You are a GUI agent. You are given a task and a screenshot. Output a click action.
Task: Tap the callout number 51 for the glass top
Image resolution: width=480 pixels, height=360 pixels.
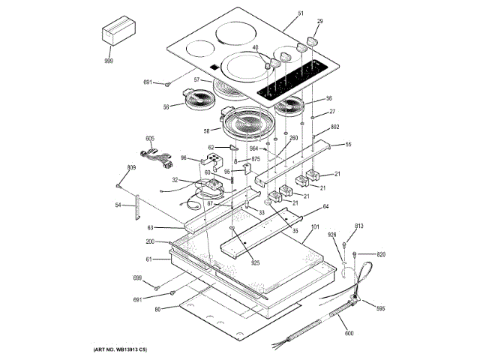[x=301, y=13]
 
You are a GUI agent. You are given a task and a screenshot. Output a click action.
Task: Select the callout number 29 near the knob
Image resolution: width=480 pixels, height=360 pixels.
[x=319, y=22]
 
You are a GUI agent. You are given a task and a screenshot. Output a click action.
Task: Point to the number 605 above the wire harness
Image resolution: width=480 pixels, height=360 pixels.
[x=150, y=138]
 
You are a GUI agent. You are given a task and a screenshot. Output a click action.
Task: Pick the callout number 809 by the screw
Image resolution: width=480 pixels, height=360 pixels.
[x=131, y=167]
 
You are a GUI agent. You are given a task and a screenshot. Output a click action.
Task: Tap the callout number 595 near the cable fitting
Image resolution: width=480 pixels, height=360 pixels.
[x=380, y=308]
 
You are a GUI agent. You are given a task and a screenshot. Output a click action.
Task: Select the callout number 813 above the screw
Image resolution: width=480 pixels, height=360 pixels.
[x=359, y=226]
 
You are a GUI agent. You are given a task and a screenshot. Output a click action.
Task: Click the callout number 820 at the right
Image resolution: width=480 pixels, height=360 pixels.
[x=380, y=254]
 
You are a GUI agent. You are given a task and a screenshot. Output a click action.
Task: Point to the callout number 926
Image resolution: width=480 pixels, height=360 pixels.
[x=331, y=236]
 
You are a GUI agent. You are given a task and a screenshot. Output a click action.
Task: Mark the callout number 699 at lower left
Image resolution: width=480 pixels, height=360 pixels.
[x=137, y=278]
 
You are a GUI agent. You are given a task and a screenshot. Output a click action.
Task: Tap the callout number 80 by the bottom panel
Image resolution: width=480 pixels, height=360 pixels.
[x=157, y=310]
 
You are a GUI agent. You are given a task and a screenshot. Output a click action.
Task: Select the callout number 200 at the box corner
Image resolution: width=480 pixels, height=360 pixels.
[x=150, y=241]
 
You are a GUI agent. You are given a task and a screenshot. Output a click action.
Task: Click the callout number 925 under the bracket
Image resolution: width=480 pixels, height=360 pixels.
[x=256, y=262]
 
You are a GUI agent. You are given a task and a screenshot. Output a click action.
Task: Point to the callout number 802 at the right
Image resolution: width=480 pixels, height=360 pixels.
[x=335, y=127]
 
